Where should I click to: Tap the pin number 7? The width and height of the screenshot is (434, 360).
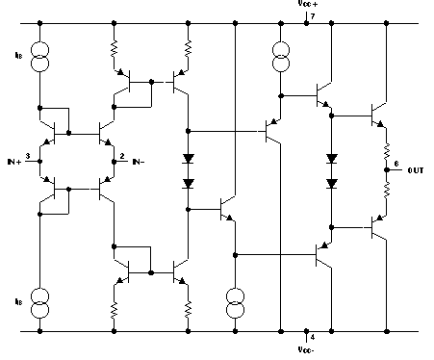313,18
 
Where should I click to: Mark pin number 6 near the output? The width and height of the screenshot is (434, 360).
397,165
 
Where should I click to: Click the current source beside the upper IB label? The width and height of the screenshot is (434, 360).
39,57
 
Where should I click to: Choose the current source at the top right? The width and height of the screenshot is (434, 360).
281,57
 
